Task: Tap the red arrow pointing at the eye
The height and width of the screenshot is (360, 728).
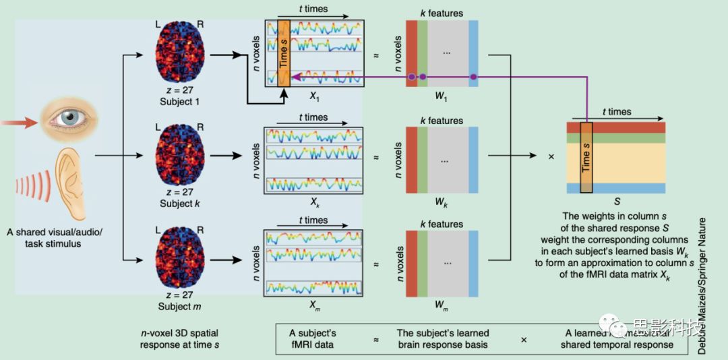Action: pos(20,123)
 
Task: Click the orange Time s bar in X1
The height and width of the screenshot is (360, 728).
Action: pos(284,50)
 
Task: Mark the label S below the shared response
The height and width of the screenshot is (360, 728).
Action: pos(616,201)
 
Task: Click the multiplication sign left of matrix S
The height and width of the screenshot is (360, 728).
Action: pos(551,156)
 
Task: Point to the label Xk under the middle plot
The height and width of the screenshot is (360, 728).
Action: pos(315,201)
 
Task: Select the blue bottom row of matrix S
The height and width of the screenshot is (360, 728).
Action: pos(616,188)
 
